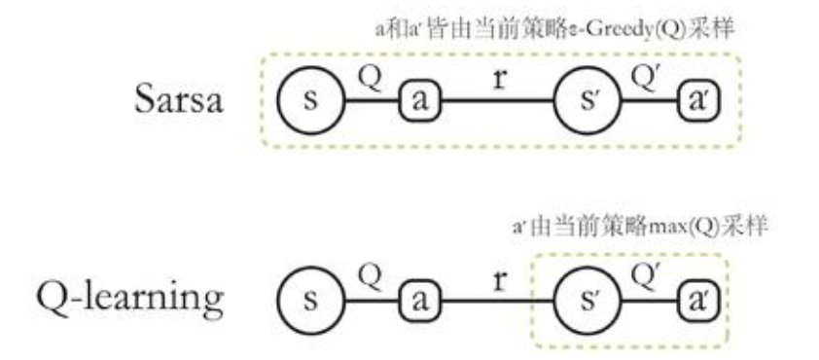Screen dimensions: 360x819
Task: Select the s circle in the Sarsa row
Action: click(x=310, y=101)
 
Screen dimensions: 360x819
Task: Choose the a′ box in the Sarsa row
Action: click(x=697, y=101)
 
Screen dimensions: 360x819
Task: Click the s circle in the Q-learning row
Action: click(x=310, y=299)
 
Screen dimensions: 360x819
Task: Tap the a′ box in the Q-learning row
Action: click(x=697, y=299)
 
